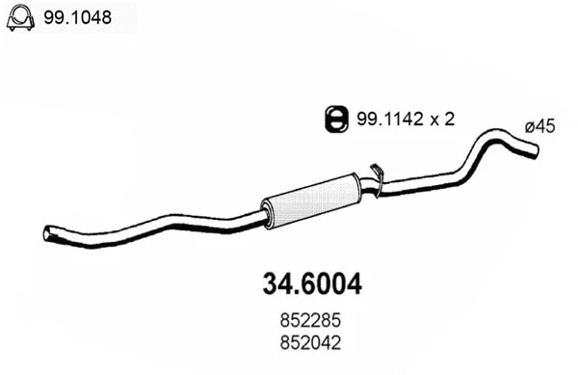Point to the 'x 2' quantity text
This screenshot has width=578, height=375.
click(x=440, y=119)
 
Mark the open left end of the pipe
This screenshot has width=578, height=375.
click(x=48, y=233)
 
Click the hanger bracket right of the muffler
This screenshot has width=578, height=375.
click(x=378, y=178)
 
